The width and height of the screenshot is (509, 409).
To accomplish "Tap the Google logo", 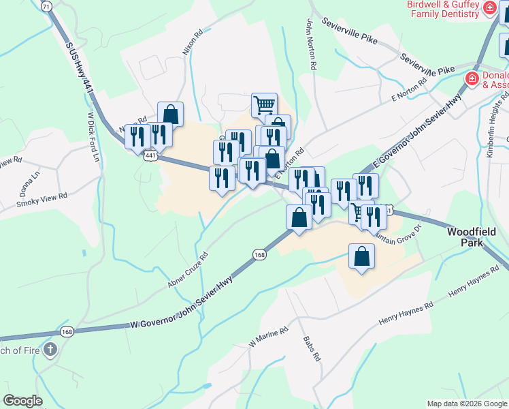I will (23, 401).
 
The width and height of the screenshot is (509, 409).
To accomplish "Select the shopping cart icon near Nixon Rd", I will (264, 105).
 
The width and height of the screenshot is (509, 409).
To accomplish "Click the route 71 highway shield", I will (46, 5).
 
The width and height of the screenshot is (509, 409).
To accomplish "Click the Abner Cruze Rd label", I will (187, 269).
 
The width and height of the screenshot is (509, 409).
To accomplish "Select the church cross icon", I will (49, 350).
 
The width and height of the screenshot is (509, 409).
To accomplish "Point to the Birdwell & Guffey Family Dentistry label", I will (442, 8).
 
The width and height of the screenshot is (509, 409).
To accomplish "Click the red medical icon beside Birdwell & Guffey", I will (489, 8).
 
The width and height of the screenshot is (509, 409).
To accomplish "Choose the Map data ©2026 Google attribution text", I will (466, 404).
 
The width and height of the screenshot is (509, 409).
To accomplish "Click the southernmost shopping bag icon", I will (361, 257).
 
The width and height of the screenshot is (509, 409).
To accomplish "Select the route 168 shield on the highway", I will (259, 254).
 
